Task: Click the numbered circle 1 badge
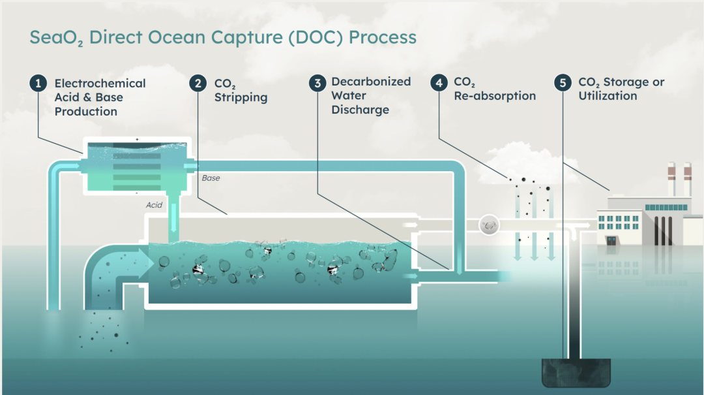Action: (x=38, y=84)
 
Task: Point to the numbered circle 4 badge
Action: (x=439, y=83)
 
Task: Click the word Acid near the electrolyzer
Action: (x=154, y=205)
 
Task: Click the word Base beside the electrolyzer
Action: (x=211, y=178)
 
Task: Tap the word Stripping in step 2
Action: (x=241, y=98)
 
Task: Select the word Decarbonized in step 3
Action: (x=371, y=82)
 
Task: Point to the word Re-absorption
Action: (x=495, y=96)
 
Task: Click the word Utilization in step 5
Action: (x=608, y=96)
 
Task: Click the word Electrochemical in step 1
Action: (x=100, y=84)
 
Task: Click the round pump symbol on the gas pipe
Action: (x=488, y=225)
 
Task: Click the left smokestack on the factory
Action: (x=671, y=180)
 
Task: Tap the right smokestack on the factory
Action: (x=687, y=180)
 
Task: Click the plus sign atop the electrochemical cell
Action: (x=137, y=139)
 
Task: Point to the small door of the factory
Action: (x=611, y=240)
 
